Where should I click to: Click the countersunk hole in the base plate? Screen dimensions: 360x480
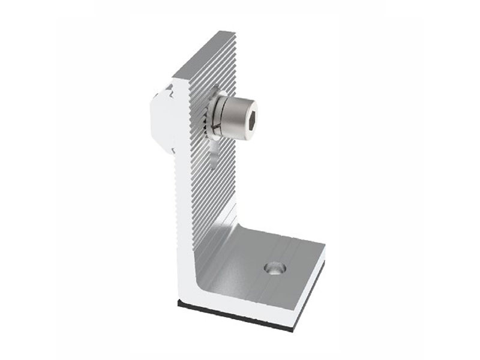tap(274, 269)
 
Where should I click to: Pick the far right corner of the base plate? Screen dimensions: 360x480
tap(325, 245)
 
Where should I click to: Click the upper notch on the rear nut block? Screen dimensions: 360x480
tap(170, 91)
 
